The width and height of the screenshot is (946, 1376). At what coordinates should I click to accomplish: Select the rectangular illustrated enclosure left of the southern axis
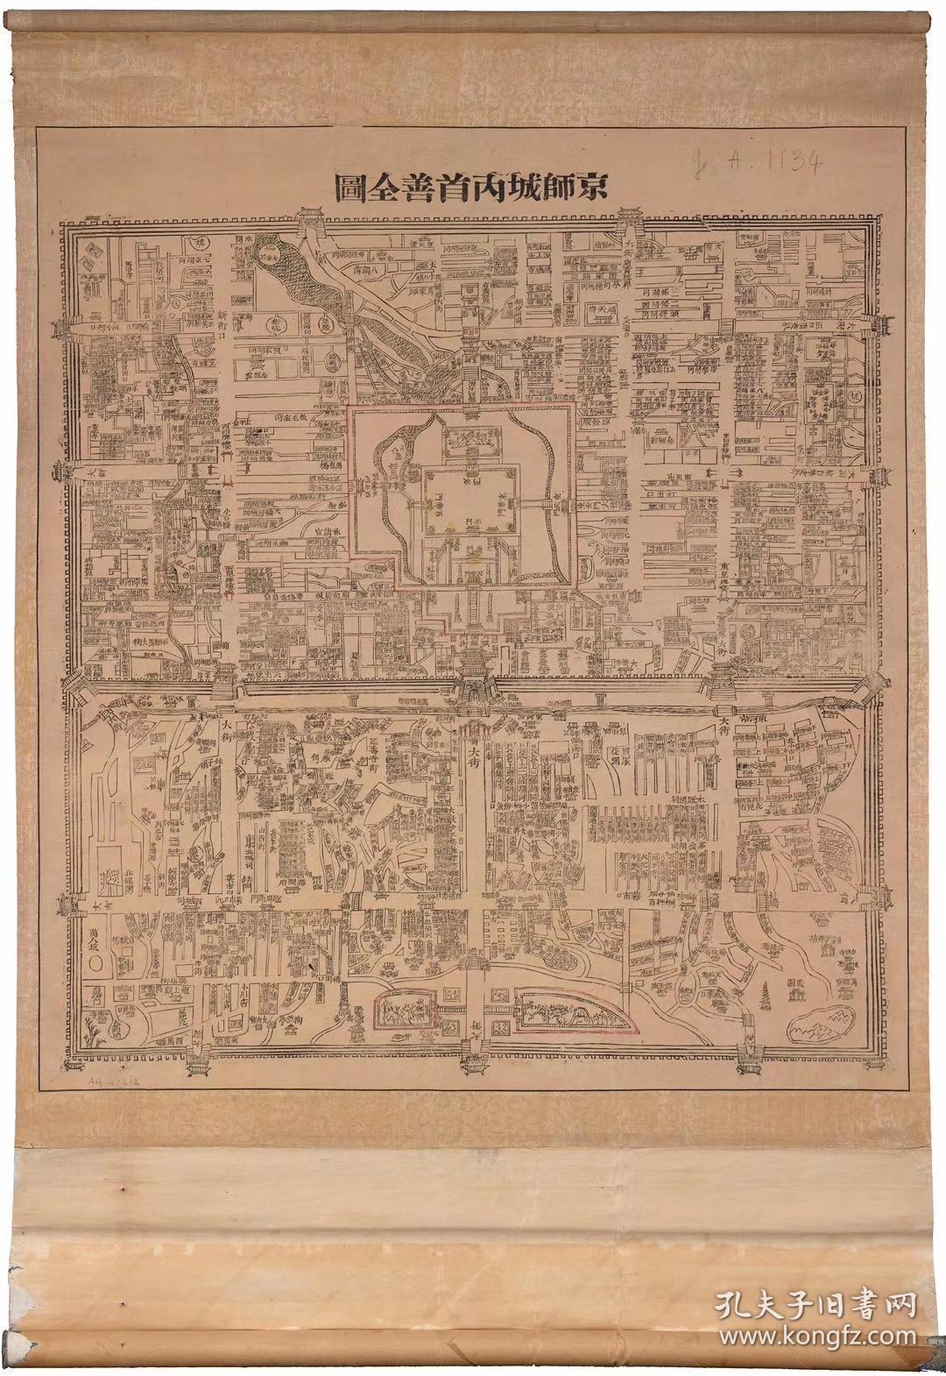tap(405, 1013)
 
